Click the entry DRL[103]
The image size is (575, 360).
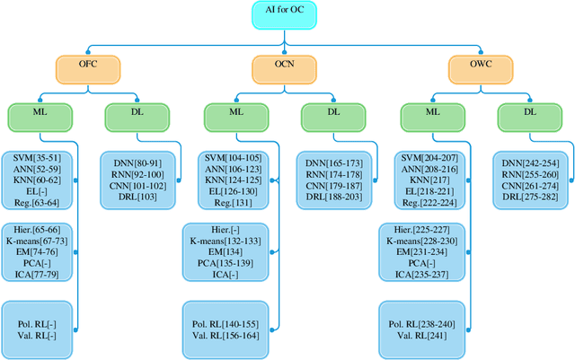coord(132,196)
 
